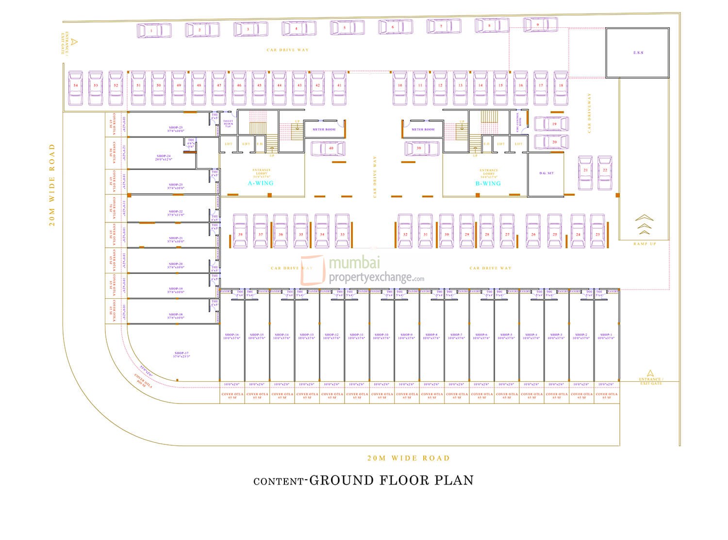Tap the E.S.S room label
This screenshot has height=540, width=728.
(638, 52)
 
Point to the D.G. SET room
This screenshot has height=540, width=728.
(546, 173)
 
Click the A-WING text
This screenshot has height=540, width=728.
(261, 183)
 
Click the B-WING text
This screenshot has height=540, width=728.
(488, 184)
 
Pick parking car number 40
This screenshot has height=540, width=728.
(329, 149)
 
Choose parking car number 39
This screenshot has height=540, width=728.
(421, 149)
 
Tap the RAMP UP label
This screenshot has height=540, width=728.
(644, 243)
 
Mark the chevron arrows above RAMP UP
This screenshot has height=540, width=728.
(644, 225)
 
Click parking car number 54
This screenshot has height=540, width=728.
(75, 88)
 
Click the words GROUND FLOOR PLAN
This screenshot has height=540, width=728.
(391, 480)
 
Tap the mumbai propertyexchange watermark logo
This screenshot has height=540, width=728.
(363, 270)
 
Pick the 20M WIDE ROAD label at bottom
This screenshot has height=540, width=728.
(408, 458)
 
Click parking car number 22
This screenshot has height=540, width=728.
(605, 172)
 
